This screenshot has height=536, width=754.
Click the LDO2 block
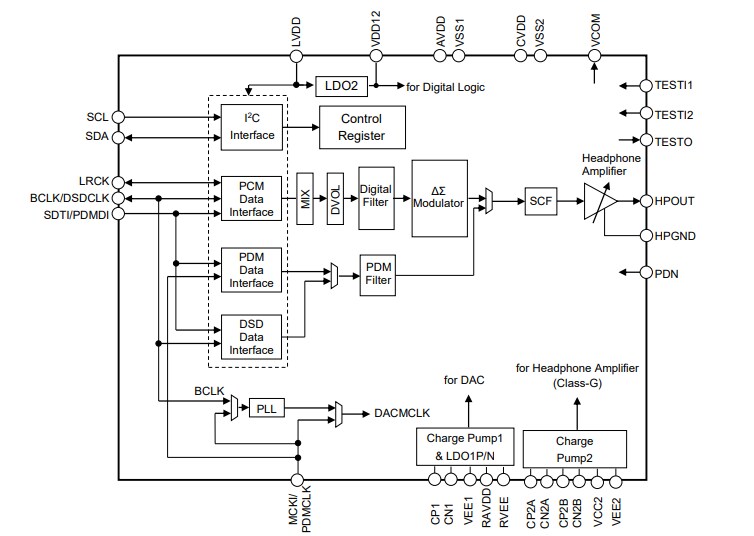[x=343, y=86]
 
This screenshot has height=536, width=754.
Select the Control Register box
[x=361, y=127]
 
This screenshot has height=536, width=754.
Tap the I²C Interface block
[x=251, y=127]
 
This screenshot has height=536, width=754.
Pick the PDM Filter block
[x=378, y=273]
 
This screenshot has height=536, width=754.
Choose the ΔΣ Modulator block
[x=439, y=197]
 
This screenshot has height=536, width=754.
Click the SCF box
[x=541, y=202]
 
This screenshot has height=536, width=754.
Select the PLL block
[x=264, y=409]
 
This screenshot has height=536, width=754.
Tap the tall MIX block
[x=305, y=197]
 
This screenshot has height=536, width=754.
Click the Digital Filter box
[x=375, y=196]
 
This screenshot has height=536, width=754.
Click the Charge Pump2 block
[x=574, y=448]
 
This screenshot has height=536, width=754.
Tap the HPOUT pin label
[x=675, y=201]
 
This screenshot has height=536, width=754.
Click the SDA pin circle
[x=118, y=136]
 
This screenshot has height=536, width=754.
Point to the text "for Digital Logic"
[x=445, y=87]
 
